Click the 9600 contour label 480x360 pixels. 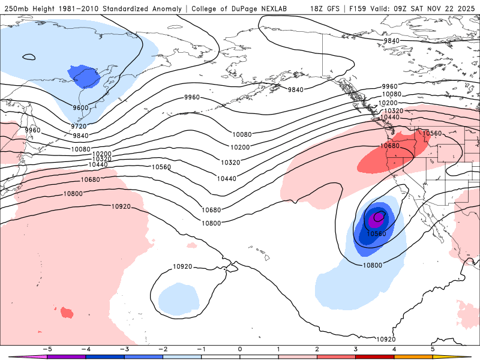coord(80,108)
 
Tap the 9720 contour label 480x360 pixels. coord(79,127)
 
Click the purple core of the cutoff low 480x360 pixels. coord(378,217)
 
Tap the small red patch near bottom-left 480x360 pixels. coord(66,312)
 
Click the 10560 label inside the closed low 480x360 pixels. coord(376,233)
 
